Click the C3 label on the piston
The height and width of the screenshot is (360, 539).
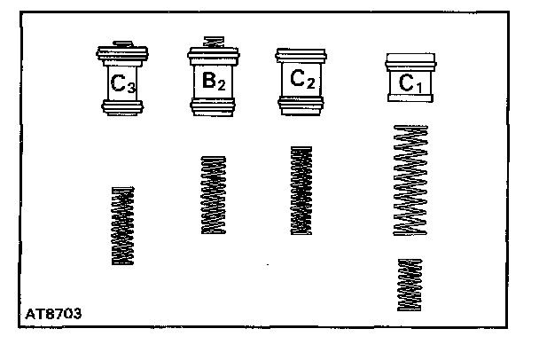click(123, 85)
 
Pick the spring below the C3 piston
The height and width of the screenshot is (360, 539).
click(123, 225)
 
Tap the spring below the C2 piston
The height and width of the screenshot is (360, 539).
click(301, 191)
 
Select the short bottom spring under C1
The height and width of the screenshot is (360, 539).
click(410, 284)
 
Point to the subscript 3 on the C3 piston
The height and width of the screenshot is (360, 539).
click(132, 89)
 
